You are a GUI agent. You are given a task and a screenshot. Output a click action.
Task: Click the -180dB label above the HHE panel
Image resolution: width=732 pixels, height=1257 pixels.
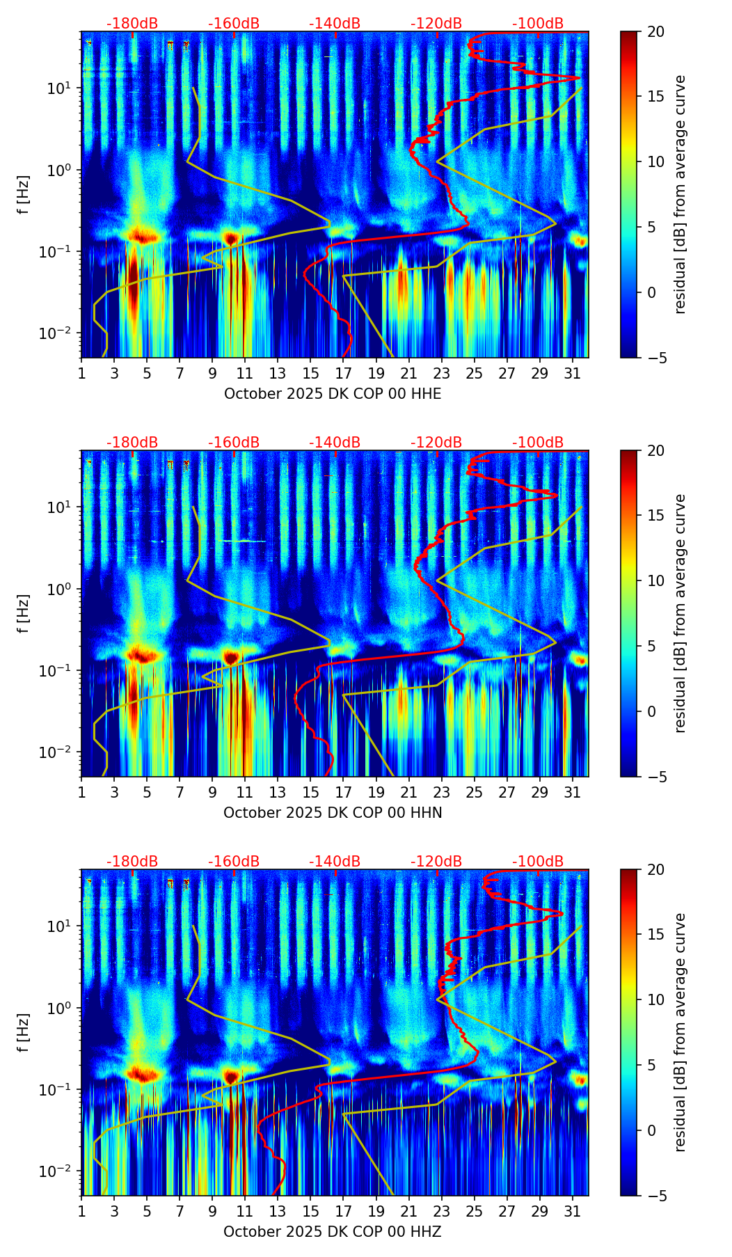point(132,24)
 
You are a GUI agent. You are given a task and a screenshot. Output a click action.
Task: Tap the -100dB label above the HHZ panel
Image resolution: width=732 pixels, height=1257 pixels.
point(538,862)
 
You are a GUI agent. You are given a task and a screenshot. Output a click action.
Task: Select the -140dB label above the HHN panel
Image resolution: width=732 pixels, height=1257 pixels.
point(335,443)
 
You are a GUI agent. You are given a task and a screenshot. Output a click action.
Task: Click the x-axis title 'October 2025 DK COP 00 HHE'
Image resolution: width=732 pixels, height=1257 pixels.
point(333,394)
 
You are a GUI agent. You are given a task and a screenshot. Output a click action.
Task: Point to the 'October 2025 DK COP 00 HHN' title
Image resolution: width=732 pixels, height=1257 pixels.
point(333,813)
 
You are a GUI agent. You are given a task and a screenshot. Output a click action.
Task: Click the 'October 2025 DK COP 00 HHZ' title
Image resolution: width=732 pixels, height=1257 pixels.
point(333,1232)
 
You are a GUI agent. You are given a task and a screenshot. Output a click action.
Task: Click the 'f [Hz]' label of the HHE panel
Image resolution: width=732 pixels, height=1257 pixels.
point(24,195)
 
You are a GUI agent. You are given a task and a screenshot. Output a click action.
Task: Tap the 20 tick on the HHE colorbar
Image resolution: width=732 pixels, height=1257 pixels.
point(655,32)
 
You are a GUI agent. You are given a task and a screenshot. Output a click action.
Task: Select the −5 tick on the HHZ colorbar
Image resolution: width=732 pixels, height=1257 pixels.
point(655,1196)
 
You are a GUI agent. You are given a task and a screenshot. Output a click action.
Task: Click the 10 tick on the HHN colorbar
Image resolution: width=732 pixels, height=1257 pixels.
point(655,581)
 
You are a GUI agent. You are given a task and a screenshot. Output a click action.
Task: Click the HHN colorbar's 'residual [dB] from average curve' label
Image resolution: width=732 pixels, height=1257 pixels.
point(681,613)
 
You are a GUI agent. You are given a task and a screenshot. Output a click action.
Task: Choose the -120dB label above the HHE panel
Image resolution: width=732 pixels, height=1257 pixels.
point(436,24)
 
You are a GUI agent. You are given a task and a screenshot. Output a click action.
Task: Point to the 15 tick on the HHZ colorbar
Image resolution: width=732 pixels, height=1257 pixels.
point(655,935)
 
